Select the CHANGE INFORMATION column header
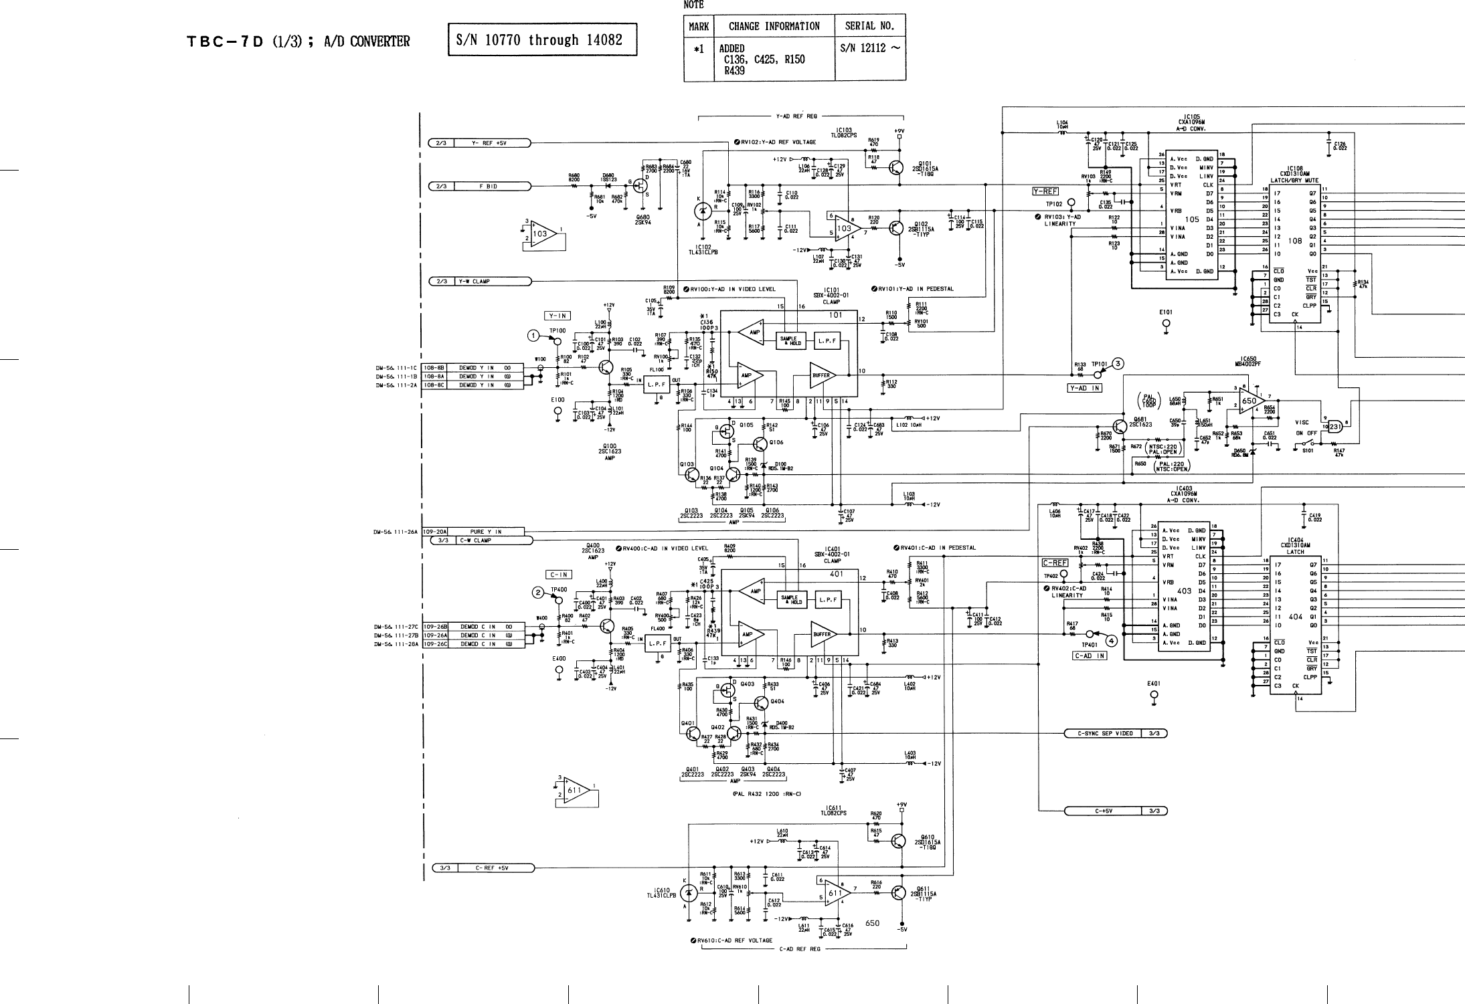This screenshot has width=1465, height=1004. pyautogui.click(x=774, y=27)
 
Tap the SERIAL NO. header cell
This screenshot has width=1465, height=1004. pyautogui.click(x=869, y=27)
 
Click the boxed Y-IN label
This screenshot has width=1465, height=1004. pyautogui.click(x=557, y=316)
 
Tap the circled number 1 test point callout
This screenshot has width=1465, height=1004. pyautogui.click(x=533, y=335)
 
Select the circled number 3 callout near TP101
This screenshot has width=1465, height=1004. pyautogui.click(x=1117, y=364)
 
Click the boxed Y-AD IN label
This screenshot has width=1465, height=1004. pyautogui.click(x=1084, y=388)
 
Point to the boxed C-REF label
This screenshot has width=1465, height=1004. pyautogui.click(x=1055, y=563)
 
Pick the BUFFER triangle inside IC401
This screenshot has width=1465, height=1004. pyautogui.click(x=822, y=634)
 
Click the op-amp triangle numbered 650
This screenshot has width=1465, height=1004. pyautogui.click(x=1248, y=401)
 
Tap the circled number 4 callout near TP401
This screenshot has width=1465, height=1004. pyautogui.click(x=1112, y=640)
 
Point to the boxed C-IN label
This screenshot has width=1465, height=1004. pyautogui.click(x=559, y=575)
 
